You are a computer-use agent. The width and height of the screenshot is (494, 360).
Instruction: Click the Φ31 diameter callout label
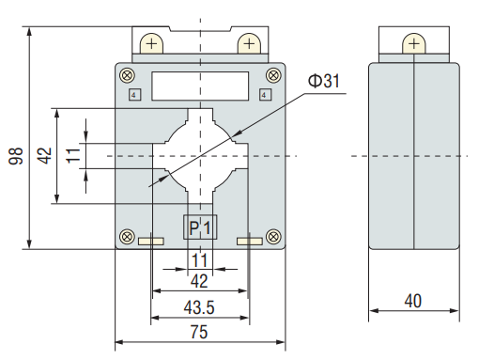point(324,81)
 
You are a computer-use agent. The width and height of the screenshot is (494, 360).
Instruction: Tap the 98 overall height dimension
point(16,156)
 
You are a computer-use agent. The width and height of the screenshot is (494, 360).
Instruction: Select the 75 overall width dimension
point(199,332)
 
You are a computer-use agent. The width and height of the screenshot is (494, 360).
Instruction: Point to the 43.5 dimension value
point(199,307)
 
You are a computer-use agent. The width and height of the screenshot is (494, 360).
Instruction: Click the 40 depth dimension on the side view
point(413,301)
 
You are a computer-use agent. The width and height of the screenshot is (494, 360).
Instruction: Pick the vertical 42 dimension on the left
point(44,155)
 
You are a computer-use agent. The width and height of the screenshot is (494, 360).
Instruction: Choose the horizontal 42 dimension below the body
point(199,281)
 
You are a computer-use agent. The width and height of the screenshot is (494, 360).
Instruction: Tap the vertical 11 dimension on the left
point(73,155)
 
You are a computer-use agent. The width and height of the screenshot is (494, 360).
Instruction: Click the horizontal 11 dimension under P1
point(200,260)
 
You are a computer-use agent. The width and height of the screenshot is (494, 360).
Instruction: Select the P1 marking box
point(200,227)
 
